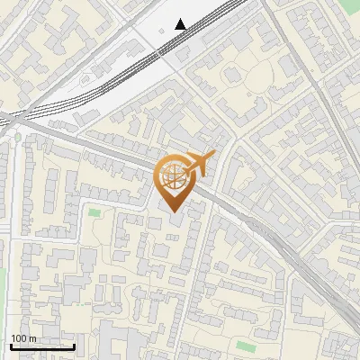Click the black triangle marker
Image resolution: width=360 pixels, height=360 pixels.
(182, 23)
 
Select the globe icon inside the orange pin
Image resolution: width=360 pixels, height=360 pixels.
(172, 177)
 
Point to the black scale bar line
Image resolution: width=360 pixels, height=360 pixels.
(42, 346)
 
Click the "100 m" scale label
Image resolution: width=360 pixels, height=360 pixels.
(23, 338)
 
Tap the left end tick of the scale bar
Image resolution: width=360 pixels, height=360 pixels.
(11, 345)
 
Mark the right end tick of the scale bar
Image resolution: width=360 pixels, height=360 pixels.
(74, 345)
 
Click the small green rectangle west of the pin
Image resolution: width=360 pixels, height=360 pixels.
(94, 212)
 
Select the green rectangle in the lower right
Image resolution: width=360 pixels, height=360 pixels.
(246, 346)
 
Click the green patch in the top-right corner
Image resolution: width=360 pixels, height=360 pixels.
(351, 4)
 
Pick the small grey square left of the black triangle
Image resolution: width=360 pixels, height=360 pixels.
(161, 29)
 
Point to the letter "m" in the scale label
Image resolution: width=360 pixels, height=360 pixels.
(31, 338)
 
